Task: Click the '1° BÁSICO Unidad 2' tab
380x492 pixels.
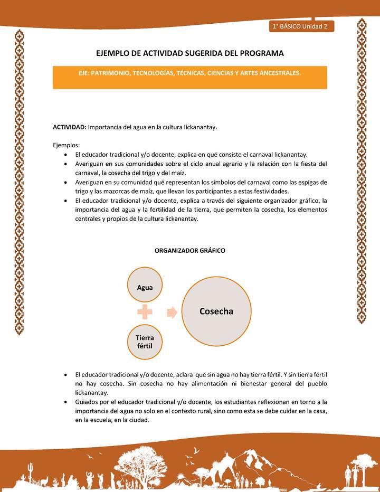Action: [300, 26]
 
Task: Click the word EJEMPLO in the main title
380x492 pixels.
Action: [112, 53]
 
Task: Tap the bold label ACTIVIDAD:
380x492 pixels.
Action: [69, 127]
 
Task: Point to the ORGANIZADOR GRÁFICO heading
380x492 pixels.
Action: [189, 251]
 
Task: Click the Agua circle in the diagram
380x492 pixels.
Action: [145, 287]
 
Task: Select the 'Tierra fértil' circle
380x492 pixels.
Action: [144, 341]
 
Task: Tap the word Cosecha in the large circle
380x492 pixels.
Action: [216, 311]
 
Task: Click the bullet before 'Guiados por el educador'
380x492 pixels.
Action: [64, 402]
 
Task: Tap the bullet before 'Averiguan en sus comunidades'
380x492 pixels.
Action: [64, 164]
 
